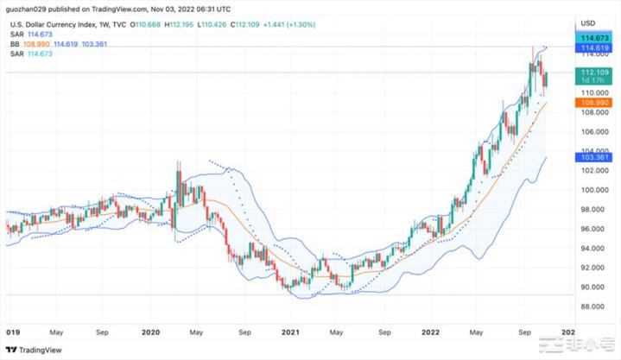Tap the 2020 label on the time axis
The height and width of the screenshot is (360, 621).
coord(151,330)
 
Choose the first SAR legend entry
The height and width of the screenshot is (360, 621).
coord(15,33)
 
